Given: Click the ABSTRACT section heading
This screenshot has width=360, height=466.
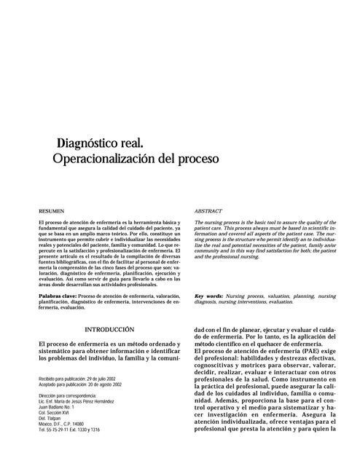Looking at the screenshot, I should click(x=208, y=210).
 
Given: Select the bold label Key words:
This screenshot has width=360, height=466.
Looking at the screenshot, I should click(x=209, y=296).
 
